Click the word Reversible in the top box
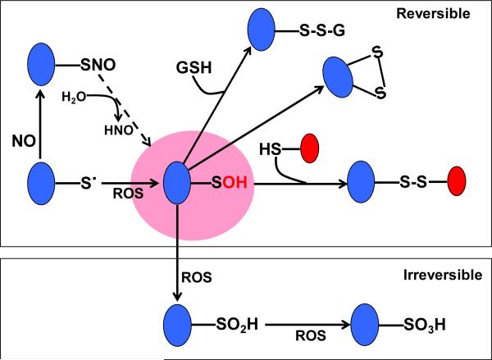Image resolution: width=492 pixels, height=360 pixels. (x=444, y=15)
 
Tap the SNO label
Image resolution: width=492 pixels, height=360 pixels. (x=96, y=62)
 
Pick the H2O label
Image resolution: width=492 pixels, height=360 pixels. (x=74, y=99)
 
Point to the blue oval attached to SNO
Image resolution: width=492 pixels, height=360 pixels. (x=41, y=62)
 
